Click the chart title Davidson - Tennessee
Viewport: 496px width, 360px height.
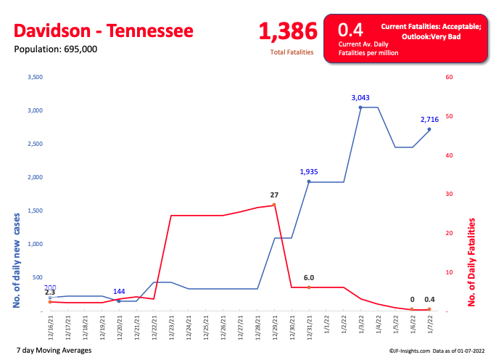click(x=104, y=31)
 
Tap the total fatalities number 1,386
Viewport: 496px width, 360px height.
click(x=288, y=31)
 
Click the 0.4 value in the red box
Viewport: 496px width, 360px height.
click(x=351, y=30)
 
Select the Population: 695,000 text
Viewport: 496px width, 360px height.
click(x=55, y=49)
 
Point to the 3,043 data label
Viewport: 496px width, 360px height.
click(x=360, y=98)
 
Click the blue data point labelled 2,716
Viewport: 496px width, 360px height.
click(x=429, y=129)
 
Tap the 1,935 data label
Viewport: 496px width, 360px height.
click(x=309, y=172)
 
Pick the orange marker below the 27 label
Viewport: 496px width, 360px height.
click(x=274, y=205)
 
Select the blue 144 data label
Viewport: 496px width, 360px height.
click(x=120, y=292)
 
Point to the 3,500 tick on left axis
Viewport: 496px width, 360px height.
click(x=34, y=77)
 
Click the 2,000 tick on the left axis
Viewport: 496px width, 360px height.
click(x=34, y=177)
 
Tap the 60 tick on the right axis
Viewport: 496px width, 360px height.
click(x=449, y=77)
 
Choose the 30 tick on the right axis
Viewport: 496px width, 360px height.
click(x=449, y=194)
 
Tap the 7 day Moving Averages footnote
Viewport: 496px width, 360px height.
click(x=53, y=350)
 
